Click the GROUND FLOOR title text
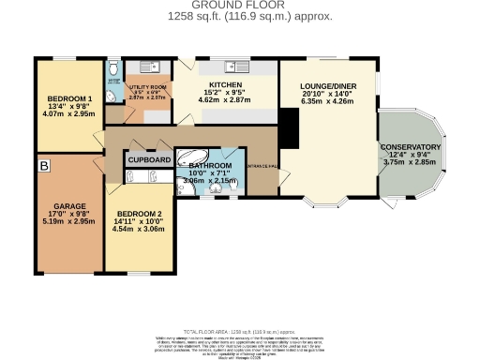point(239,6)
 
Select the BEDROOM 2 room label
point(142,214)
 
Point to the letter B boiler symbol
point(44,165)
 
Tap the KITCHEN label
point(225,84)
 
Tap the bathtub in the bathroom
point(196,157)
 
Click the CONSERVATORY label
point(410,147)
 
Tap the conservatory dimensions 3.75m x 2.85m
point(410,162)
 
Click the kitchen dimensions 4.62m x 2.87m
point(225,99)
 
